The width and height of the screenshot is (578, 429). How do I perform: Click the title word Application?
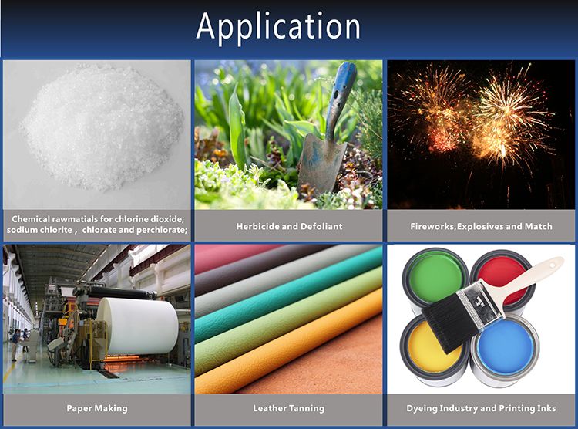click(278, 27)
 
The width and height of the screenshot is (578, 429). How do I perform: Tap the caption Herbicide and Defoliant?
click(289, 226)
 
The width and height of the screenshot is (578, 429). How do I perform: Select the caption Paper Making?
click(96, 408)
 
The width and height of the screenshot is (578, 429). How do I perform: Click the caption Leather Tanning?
click(289, 408)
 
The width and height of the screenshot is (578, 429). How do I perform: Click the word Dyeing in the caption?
click(425, 408)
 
